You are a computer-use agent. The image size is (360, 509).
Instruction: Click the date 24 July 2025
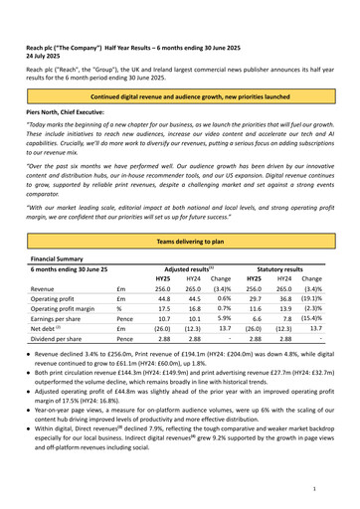pos(50,57)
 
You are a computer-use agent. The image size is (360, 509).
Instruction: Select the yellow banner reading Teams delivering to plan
pos(179,243)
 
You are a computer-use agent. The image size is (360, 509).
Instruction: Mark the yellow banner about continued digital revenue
pos(179,97)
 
